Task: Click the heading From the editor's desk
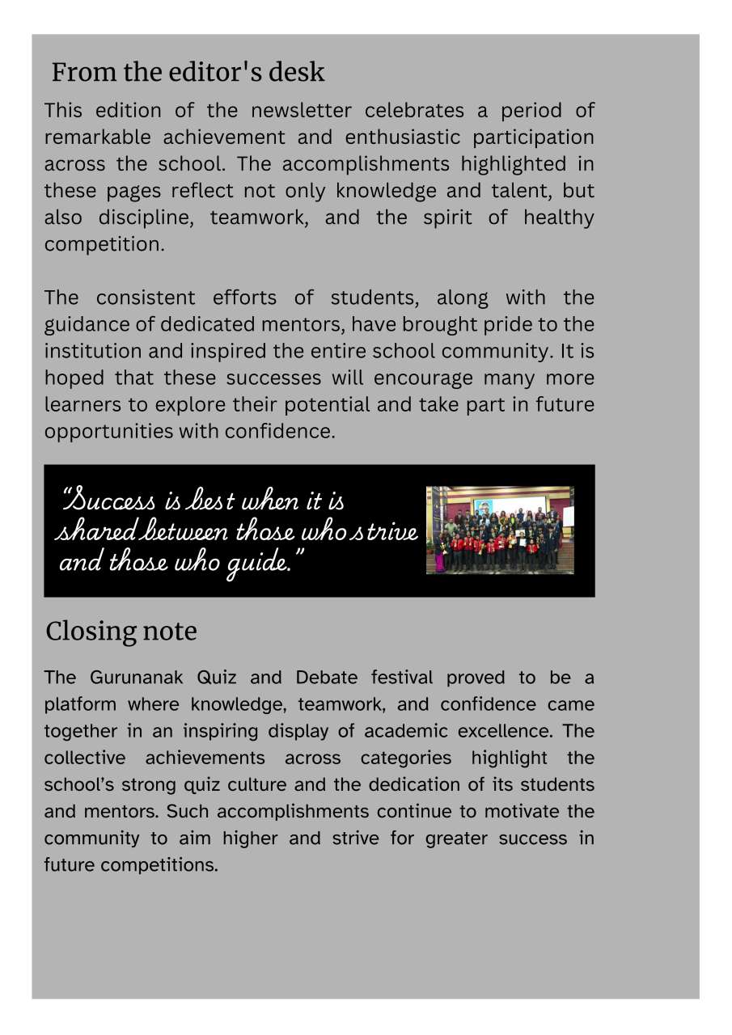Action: coord(188,73)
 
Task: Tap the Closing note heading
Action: coord(121,632)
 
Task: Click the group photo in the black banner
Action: coord(500,530)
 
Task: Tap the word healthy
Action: coord(558,218)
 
